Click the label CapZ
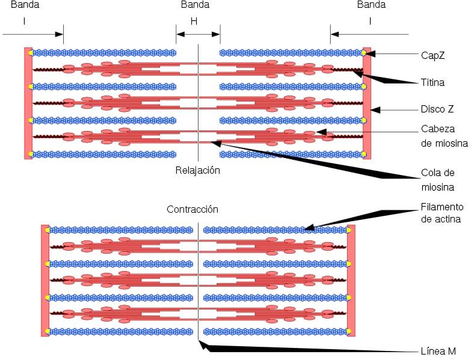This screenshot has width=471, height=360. pos(432,54)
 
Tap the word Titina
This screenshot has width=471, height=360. pos(433,82)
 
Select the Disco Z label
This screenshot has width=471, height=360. pos(437,109)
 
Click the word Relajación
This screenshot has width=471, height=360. pos(198,170)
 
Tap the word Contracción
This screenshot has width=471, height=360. pos(192,209)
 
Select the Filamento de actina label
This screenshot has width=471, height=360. pos(440,213)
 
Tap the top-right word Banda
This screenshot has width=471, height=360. pos(371,5)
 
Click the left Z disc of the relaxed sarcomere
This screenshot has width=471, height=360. pos(28,103)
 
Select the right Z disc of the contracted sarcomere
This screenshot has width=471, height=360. pos(351,280)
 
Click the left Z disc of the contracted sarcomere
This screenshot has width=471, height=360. pos(45,280)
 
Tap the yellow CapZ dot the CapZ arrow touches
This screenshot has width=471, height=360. pos(365,53)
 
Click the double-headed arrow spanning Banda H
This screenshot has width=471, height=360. pos(198,34)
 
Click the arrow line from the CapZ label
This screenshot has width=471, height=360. pos(394,53)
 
